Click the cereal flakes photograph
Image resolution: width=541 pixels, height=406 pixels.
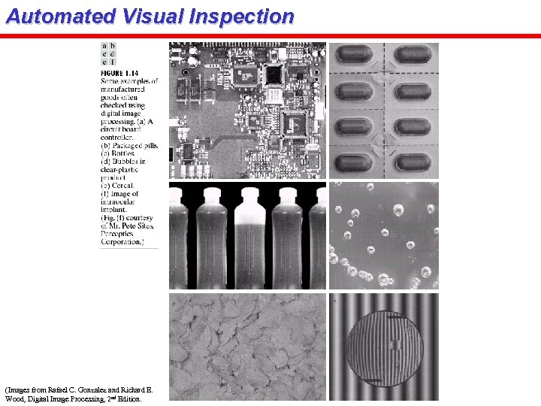[247, 347]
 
